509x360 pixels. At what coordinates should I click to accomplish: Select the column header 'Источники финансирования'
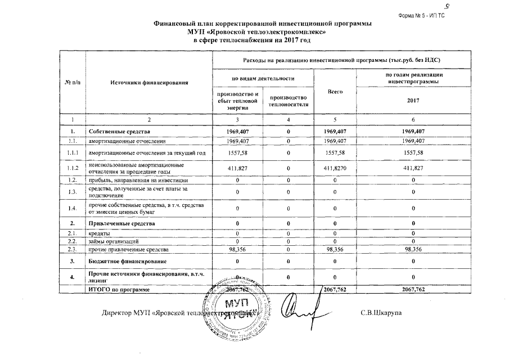[148, 83]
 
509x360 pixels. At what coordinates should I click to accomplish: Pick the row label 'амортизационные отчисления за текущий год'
[144, 152]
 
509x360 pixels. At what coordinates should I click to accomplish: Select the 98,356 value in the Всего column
[334, 248]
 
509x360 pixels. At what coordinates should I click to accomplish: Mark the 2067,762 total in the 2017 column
[413, 289]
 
